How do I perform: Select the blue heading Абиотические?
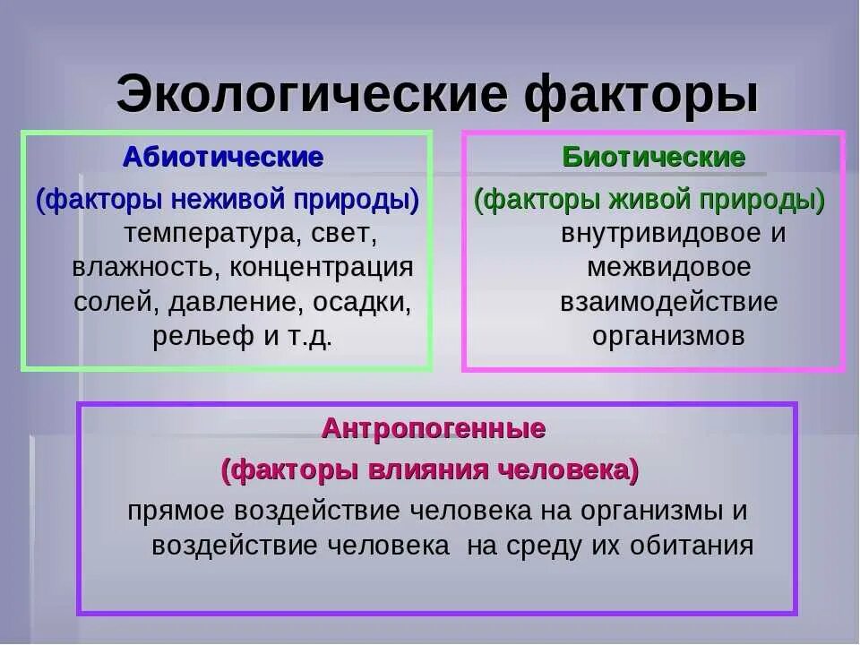(223, 158)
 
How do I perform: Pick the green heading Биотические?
(654, 158)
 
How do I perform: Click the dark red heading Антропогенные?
(434, 429)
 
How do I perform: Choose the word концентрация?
(322, 268)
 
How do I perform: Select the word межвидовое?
(669, 268)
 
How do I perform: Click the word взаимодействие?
(669, 302)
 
